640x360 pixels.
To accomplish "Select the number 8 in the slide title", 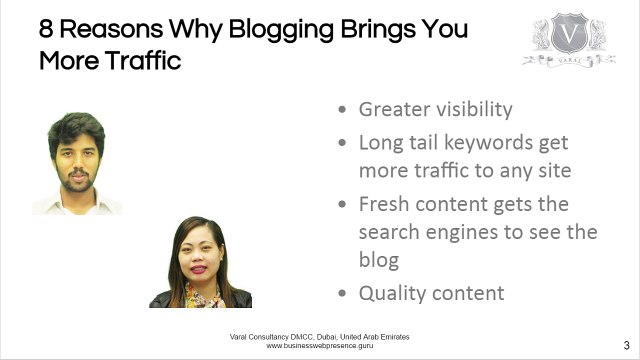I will [47, 28].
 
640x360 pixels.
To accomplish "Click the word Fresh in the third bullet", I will [386, 203].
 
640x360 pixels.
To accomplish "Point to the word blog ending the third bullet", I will [379, 260].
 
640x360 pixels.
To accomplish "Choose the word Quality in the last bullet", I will [394, 293].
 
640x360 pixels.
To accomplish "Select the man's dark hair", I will [74, 127].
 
